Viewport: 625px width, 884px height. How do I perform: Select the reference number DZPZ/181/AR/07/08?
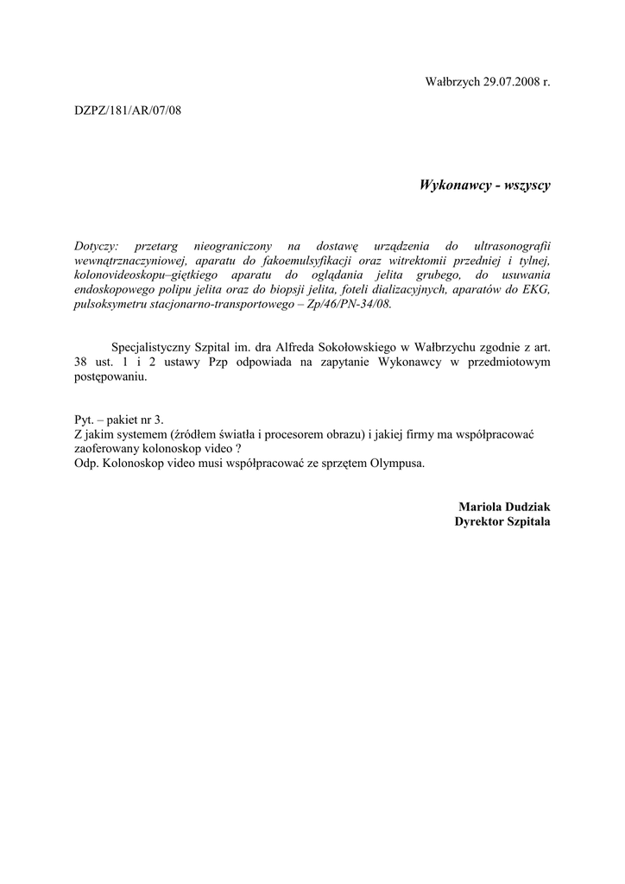tap(128, 110)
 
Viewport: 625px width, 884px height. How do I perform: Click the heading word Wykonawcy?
tap(454, 185)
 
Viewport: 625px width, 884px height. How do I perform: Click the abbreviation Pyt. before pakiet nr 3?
tap(84, 419)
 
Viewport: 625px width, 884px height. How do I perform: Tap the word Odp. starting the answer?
tap(86, 462)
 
